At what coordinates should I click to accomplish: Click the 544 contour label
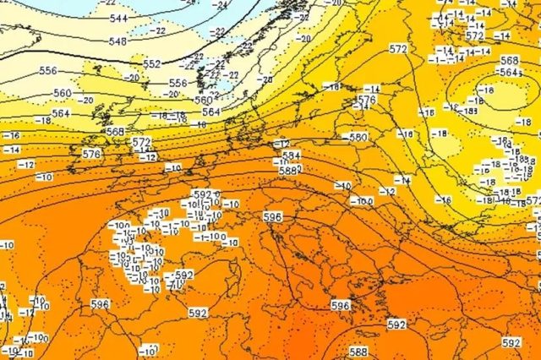click(x=118, y=18)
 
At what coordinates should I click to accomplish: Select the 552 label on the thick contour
click(x=152, y=64)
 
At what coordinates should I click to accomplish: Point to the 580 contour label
click(x=358, y=137)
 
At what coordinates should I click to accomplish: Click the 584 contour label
click(x=292, y=156)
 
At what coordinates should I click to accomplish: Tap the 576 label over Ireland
click(x=91, y=154)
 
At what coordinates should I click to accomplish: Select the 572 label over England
click(x=141, y=142)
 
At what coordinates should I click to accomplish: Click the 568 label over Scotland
click(x=115, y=132)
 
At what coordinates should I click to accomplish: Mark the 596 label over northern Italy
click(x=272, y=217)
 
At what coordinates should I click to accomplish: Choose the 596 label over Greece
click(x=340, y=305)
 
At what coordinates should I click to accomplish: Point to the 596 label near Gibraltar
click(x=100, y=304)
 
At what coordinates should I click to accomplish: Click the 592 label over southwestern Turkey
click(x=396, y=325)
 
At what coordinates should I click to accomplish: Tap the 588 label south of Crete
click(x=358, y=351)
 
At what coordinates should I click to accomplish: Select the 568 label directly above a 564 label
click(x=509, y=61)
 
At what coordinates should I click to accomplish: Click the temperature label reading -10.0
click(x=361, y=201)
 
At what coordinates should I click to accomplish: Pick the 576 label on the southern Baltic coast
click(x=366, y=100)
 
